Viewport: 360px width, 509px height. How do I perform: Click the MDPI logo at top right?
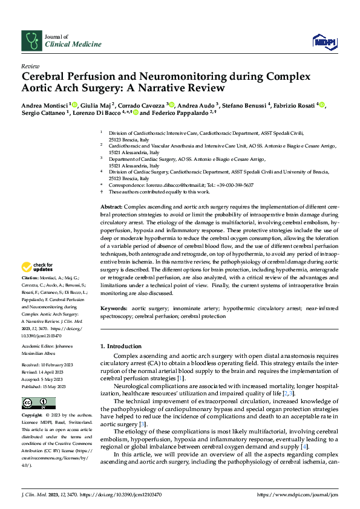tap(324, 41)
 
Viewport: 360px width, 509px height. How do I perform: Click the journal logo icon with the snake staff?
tap(31, 40)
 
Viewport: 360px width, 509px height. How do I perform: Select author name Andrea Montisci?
tap(45, 104)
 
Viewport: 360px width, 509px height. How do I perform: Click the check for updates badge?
tap(38, 267)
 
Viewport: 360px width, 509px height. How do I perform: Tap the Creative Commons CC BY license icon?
tap(38, 403)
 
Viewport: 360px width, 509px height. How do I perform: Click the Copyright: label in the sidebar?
tap(33, 416)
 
